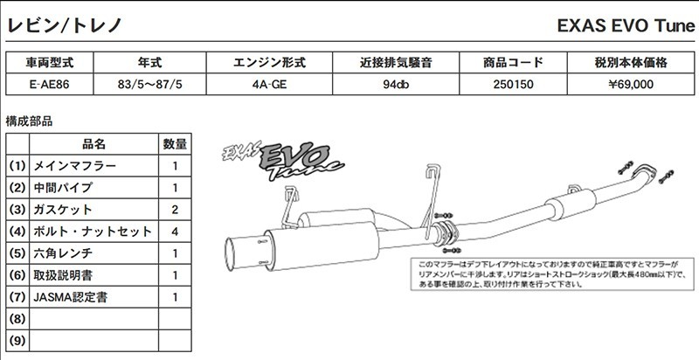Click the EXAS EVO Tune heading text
[625, 26]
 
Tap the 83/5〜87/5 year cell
[149, 85]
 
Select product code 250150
[513, 85]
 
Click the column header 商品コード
[513, 63]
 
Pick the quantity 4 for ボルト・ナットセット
[175, 232]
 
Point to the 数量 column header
[175, 143]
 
